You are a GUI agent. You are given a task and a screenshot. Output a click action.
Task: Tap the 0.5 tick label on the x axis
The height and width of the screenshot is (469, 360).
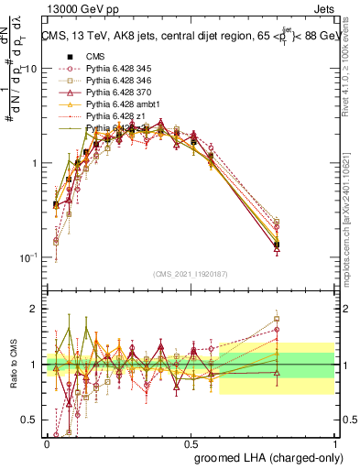click(x=191, y=442)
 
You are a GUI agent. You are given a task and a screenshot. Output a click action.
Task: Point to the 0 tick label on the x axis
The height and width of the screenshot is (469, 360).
click(x=47, y=442)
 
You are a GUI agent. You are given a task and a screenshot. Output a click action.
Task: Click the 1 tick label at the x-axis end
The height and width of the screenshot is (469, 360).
click(x=335, y=442)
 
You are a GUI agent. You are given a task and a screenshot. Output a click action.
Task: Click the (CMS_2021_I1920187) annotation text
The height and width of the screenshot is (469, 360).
click(x=191, y=273)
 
